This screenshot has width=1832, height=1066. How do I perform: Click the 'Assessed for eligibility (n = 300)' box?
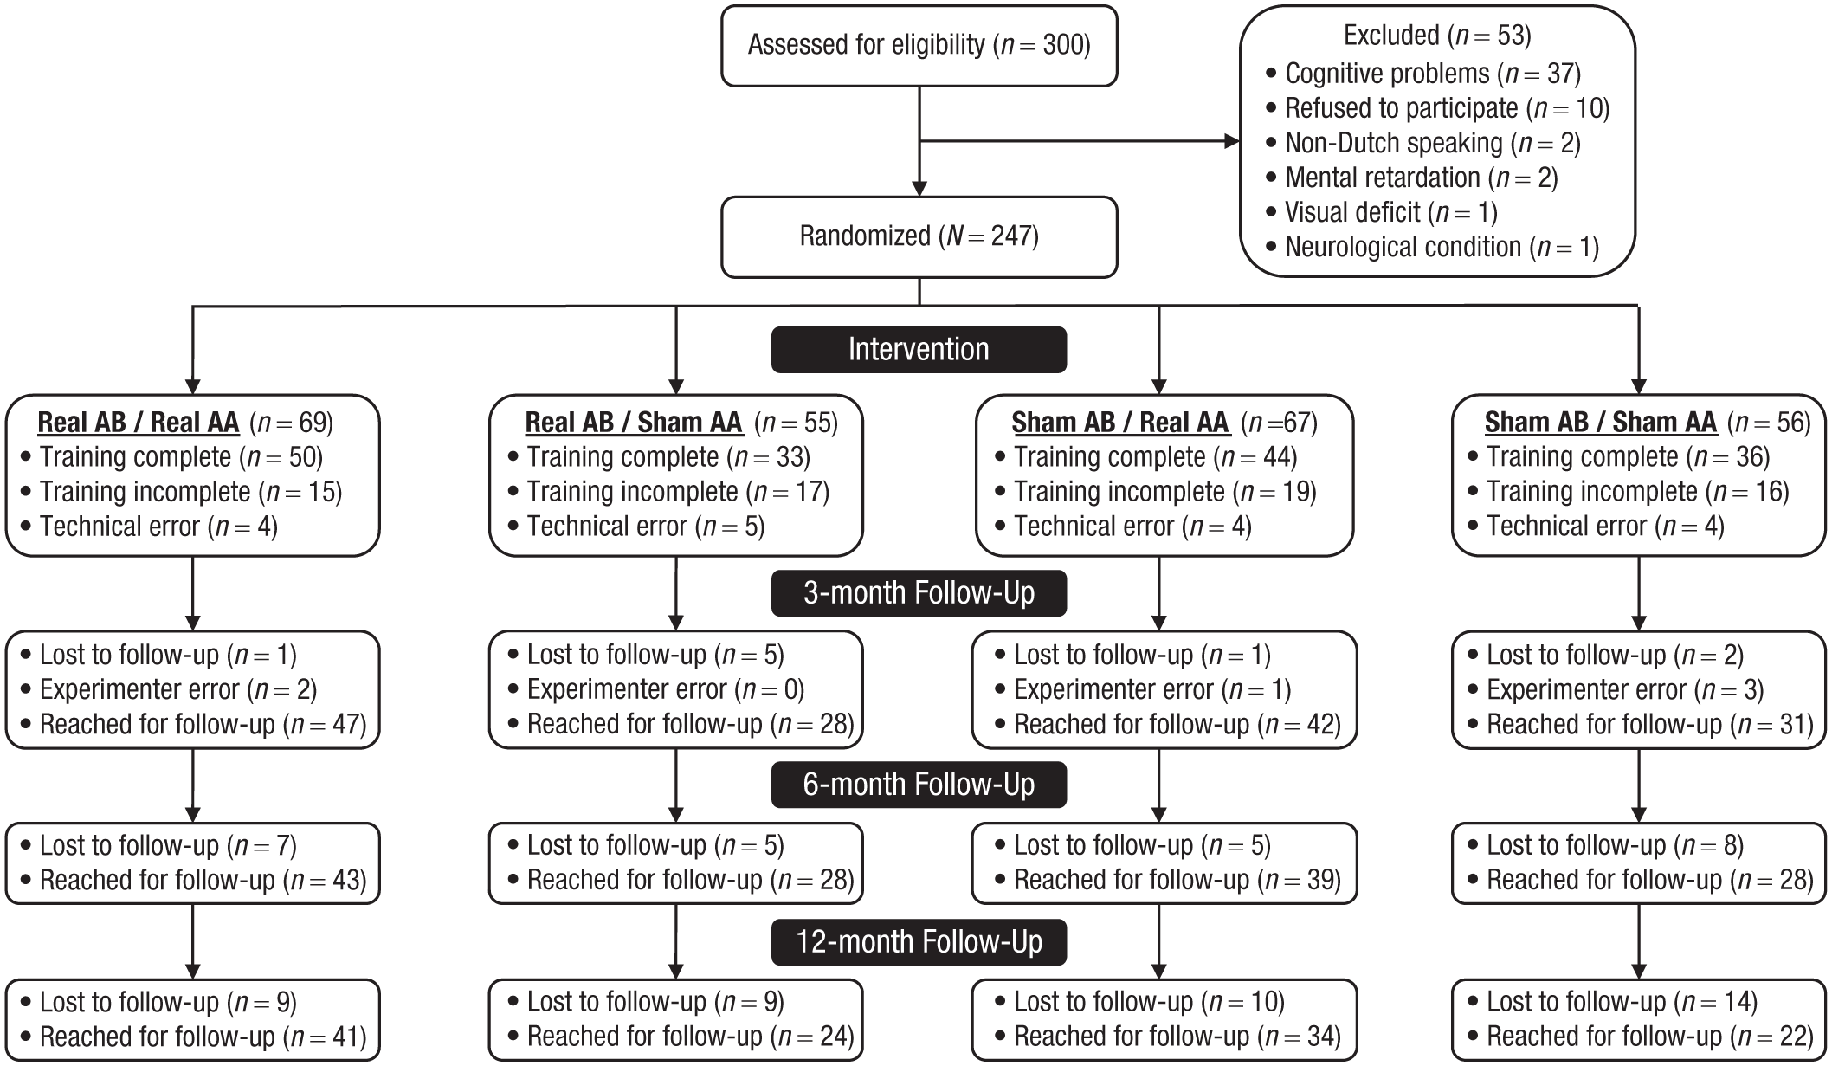click(919, 46)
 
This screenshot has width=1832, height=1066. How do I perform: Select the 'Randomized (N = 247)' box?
click(919, 237)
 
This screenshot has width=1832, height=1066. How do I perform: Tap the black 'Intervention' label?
click(919, 350)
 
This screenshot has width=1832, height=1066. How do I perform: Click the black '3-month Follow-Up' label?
click(919, 593)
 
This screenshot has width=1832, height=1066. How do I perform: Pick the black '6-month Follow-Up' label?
click(919, 785)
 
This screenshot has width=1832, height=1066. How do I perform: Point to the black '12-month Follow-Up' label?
click(919, 941)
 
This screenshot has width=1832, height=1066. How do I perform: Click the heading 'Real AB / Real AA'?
click(139, 423)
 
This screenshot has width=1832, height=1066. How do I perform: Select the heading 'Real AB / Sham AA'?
click(634, 423)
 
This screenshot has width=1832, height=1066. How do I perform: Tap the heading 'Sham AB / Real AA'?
click(1120, 423)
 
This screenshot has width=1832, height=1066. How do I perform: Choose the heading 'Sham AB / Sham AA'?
click(1601, 423)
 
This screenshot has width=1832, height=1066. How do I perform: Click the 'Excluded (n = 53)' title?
click(1437, 36)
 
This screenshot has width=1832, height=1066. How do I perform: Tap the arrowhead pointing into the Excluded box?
click(1232, 141)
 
